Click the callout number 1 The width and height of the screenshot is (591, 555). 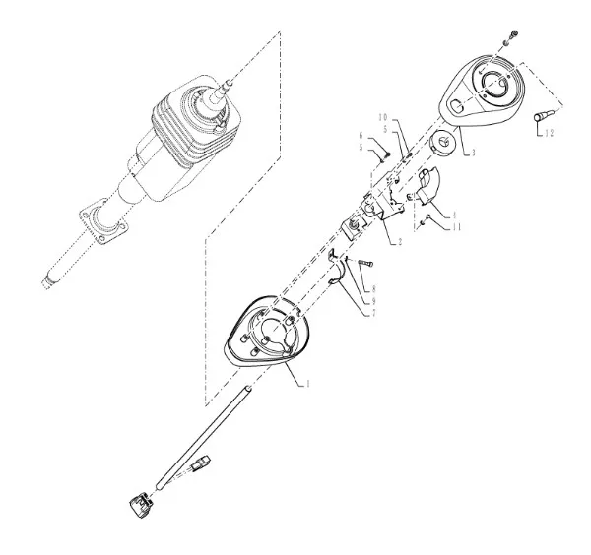coord(308,384)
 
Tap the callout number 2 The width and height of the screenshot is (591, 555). coord(400,242)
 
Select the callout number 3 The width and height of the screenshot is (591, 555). coord(473,153)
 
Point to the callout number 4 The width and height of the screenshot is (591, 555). coord(454,215)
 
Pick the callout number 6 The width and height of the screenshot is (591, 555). coord(361,135)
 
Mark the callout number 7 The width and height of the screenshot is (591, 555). coord(373,313)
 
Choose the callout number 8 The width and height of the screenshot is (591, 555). coord(373,289)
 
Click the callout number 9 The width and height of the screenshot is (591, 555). coord(373,301)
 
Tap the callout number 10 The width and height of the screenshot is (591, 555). coord(383,117)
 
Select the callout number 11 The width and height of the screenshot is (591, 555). coord(456,227)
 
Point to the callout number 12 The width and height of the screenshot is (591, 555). coord(550,133)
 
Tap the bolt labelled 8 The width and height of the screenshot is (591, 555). coord(364,263)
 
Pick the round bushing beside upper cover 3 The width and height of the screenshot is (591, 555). coord(443,142)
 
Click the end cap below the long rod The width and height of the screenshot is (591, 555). coord(141,505)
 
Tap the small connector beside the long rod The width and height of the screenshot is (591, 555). coord(201,462)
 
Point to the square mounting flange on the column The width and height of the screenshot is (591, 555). coord(103,221)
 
